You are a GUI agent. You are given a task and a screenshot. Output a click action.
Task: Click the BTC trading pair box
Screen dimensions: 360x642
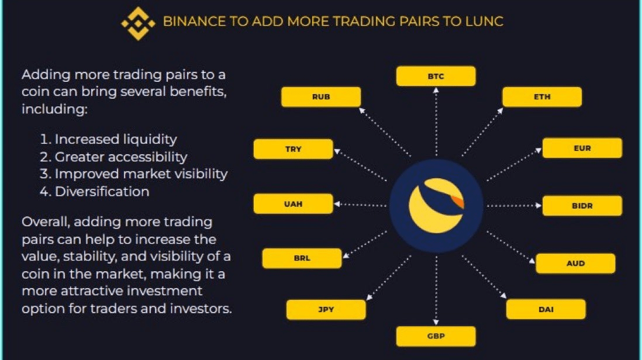tap(436, 77)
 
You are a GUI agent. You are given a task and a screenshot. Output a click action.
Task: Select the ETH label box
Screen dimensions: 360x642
tap(542, 97)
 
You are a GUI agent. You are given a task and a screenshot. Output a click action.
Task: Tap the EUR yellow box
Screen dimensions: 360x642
tap(582, 148)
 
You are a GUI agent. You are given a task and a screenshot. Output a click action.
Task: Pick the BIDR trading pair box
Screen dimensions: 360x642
tap(582, 206)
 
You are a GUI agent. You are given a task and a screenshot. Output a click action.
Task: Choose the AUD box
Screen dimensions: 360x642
tap(575, 264)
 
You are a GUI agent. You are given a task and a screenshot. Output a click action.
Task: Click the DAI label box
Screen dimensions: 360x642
tap(546, 309)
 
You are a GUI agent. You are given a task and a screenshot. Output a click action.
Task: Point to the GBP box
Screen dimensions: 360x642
tap(436, 337)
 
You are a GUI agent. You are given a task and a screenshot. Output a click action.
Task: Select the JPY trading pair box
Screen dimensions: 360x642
tap(326, 309)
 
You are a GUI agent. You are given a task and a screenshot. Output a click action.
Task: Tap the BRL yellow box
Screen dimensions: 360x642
tap(302, 258)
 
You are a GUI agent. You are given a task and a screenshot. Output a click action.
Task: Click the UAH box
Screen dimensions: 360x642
tap(293, 204)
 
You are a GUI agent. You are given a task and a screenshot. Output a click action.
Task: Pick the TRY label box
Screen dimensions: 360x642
tap(293, 149)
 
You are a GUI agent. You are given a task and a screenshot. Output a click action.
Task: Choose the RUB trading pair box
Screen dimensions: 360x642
tap(321, 97)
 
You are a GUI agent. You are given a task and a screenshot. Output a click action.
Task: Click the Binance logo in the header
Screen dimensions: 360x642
tap(138, 23)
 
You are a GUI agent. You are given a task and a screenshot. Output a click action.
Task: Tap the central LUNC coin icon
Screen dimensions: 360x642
tap(436, 206)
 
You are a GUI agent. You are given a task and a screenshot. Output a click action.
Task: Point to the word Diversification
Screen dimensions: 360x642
tap(102, 191)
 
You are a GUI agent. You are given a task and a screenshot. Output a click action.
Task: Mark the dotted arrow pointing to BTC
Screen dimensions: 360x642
tap(436, 123)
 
